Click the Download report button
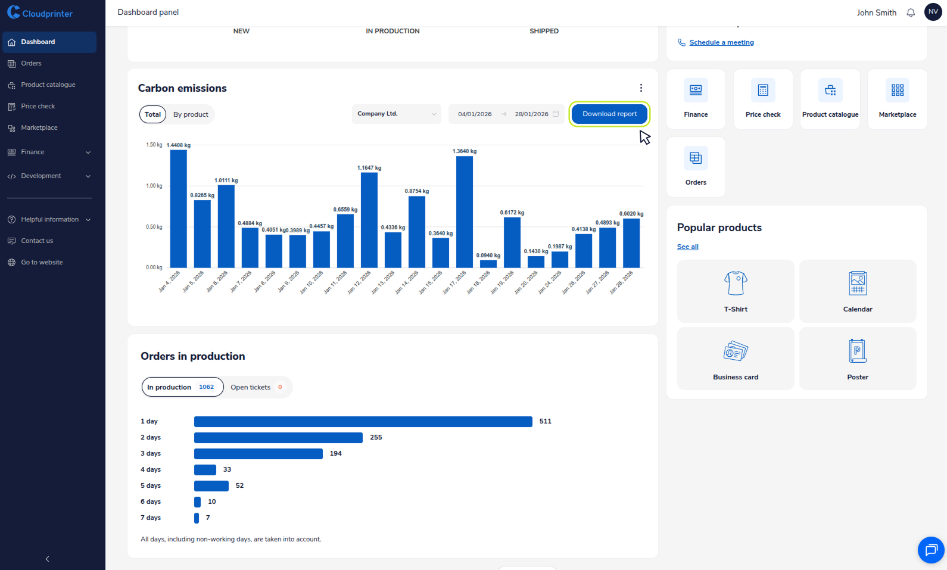(x=609, y=114)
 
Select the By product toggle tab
(x=191, y=114)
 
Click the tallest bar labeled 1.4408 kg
(x=178, y=208)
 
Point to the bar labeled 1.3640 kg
(x=464, y=211)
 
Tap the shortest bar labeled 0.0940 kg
(x=488, y=264)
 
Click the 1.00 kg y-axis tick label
(x=154, y=186)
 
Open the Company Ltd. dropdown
(x=396, y=114)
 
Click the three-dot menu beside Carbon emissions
(x=641, y=88)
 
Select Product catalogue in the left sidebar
(x=48, y=85)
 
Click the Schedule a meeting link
(x=721, y=42)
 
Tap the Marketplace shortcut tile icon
(x=897, y=91)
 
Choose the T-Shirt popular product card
(x=736, y=291)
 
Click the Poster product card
(x=857, y=358)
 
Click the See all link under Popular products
(x=687, y=247)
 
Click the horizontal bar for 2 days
(x=278, y=438)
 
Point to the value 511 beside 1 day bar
(x=545, y=421)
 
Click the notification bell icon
(x=910, y=13)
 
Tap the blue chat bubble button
(x=930, y=550)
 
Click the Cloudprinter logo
(x=40, y=13)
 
